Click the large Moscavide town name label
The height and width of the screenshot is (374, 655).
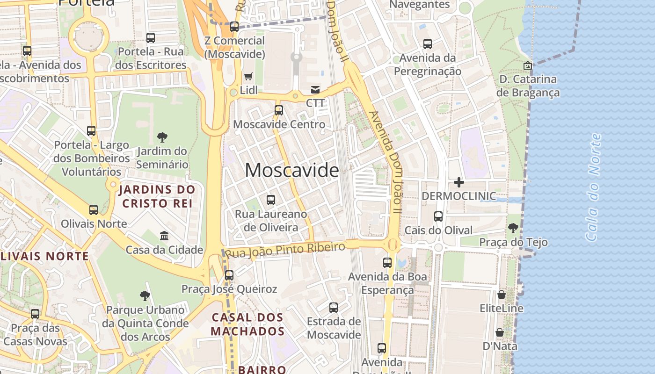[292, 170]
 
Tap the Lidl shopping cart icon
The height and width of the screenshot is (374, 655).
[248, 76]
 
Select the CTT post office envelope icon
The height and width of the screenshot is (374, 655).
[315, 89]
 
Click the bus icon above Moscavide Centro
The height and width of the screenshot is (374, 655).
[279, 110]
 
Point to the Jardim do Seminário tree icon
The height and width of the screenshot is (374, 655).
[162, 137]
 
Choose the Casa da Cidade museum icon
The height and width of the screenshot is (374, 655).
[164, 236]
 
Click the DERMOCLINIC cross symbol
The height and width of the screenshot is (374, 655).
[459, 182]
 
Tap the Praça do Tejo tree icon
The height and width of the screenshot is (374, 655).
[513, 228]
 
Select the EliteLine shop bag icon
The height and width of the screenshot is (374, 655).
[501, 295]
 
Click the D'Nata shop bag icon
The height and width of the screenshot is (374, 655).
[500, 332]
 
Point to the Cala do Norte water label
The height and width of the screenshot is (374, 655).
[593, 187]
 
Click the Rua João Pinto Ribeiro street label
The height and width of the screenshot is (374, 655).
[285, 249]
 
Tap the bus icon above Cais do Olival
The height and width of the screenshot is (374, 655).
[438, 216]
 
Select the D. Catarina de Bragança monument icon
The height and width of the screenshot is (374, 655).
[528, 65]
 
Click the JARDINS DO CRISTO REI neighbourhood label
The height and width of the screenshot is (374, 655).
[157, 196]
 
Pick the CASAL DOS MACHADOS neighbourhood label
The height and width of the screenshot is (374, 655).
[247, 324]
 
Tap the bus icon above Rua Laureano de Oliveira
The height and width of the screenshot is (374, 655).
[271, 200]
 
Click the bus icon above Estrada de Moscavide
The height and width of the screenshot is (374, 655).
[334, 308]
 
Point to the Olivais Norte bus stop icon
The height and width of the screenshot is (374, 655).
[94, 210]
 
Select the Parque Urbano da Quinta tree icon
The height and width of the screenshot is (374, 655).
[145, 295]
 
